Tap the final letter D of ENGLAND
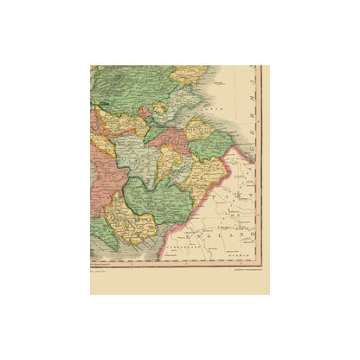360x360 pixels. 253,234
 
